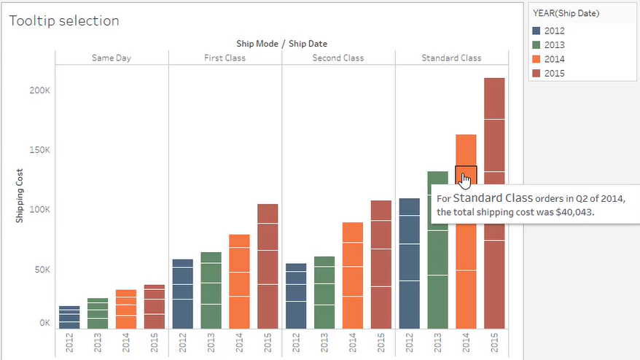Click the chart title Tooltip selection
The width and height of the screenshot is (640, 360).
(x=64, y=21)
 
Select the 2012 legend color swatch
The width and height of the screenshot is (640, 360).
(x=537, y=31)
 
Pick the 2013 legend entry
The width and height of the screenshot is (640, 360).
(x=554, y=45)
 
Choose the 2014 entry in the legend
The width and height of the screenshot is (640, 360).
(x=554, y=59)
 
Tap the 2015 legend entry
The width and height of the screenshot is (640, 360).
(x=554, y=74)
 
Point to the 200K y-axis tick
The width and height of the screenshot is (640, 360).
(x=39, y=90)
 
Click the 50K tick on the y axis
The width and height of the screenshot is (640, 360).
(x=42, y=270)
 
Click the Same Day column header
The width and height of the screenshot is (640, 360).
(x=112, y=58)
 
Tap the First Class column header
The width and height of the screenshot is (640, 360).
(x=225, y=58)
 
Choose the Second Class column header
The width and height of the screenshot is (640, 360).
(x=338, y=58)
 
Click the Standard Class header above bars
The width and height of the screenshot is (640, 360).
(x=451, y=58)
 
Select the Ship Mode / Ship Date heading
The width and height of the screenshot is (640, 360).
(x=281, y=44)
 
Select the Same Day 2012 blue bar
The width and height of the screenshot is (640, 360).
(x=69, y=317)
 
